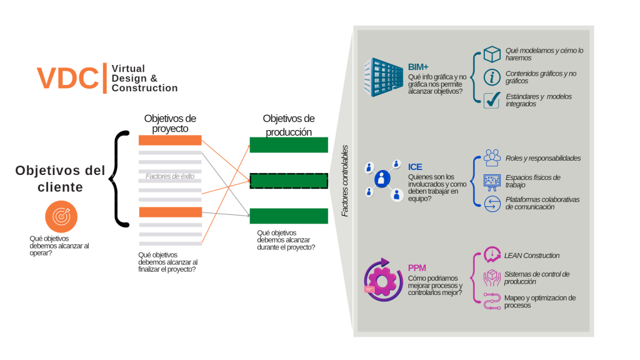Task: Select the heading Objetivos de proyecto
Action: (170, 123)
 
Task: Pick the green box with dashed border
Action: (288, 181)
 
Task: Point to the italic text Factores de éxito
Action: (170, 176)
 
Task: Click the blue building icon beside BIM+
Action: (383, 77)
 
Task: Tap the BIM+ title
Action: (418, 66)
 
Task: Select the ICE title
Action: (415, 167)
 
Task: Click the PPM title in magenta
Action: (417, 267)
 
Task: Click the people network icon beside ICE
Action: (382, 180)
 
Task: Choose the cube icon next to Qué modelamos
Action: (492, 54)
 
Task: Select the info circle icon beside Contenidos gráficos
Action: (492, 77)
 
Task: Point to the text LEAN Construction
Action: (532, 256)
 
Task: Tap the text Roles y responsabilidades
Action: (542, 158)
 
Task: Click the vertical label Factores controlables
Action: (344, 181)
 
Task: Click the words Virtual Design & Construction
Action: (144, 78)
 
